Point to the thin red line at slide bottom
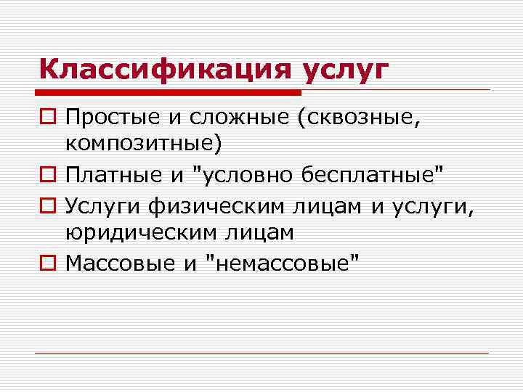point(261,354)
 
